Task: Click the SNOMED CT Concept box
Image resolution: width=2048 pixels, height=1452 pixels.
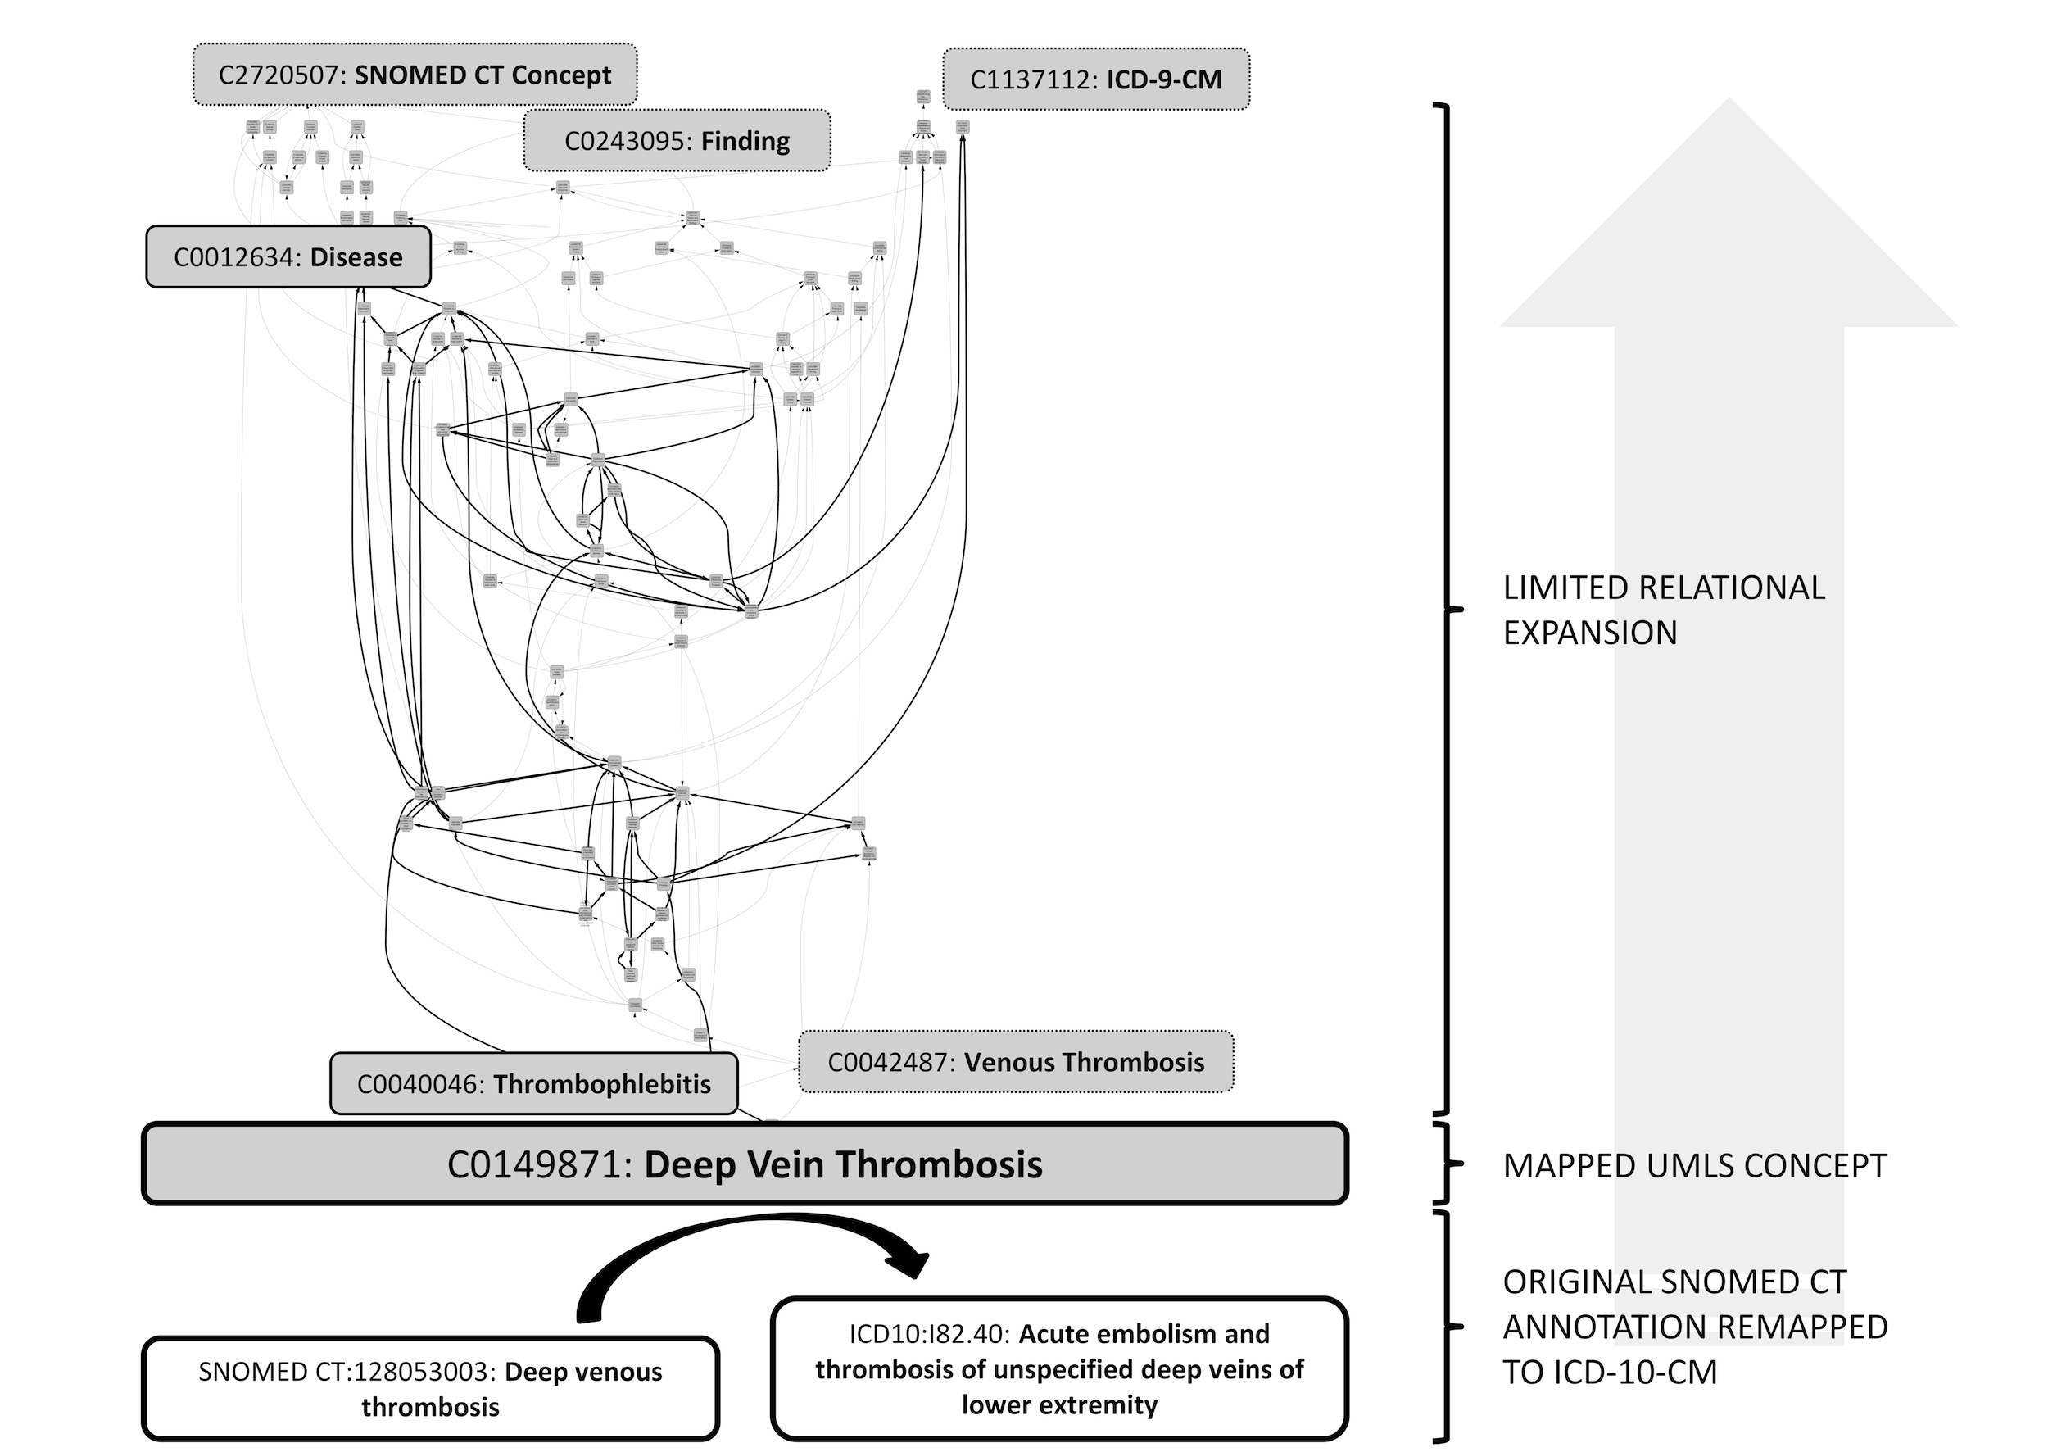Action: [415, 75]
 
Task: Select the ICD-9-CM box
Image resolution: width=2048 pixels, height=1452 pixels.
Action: [1095, 79]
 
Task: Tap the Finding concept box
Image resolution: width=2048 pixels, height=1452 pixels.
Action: [677, 141]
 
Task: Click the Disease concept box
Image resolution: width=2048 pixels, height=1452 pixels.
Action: [288, 257]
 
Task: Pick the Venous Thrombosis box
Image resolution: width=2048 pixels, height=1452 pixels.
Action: [1016, 1062]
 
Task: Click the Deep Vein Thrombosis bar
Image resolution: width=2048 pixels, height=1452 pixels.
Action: [745, 1164]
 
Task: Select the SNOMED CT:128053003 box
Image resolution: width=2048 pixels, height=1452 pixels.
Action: [430, 1389]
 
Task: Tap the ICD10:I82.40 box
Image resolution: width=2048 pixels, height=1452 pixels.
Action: [1058, 1369]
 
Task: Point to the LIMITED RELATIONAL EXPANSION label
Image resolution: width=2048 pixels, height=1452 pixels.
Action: [1663, 610]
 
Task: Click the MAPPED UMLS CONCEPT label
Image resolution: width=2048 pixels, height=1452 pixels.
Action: [1694, 1166]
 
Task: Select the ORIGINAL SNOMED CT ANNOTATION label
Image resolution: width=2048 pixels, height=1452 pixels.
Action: [1694, 1327]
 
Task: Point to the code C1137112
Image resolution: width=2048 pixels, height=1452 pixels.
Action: [1033, 80]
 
